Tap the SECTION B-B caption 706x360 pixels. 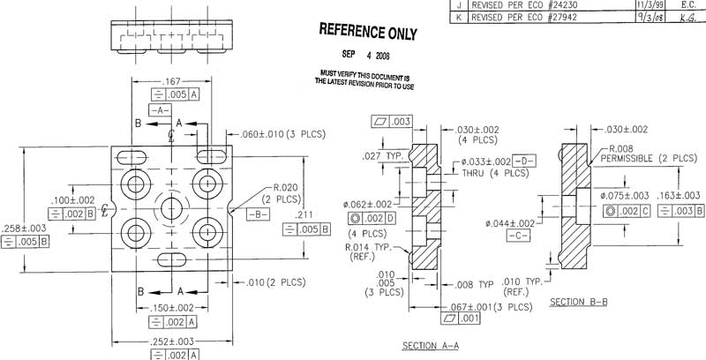pyautogui.click(x=578, y=302)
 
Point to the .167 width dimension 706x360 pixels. pyautogui.click(x=169, y=82)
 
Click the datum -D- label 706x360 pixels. pyautogui.click(x=524, y=162)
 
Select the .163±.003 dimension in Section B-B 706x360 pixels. pyautogui.click(x=680, y=196)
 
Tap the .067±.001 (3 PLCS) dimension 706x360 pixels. pyautogui.click(x=489, y=307)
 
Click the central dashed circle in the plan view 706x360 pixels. pyautogui.click(x=170, y=210)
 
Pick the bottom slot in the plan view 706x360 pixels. pyautogui.click(x=170, y=259)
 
